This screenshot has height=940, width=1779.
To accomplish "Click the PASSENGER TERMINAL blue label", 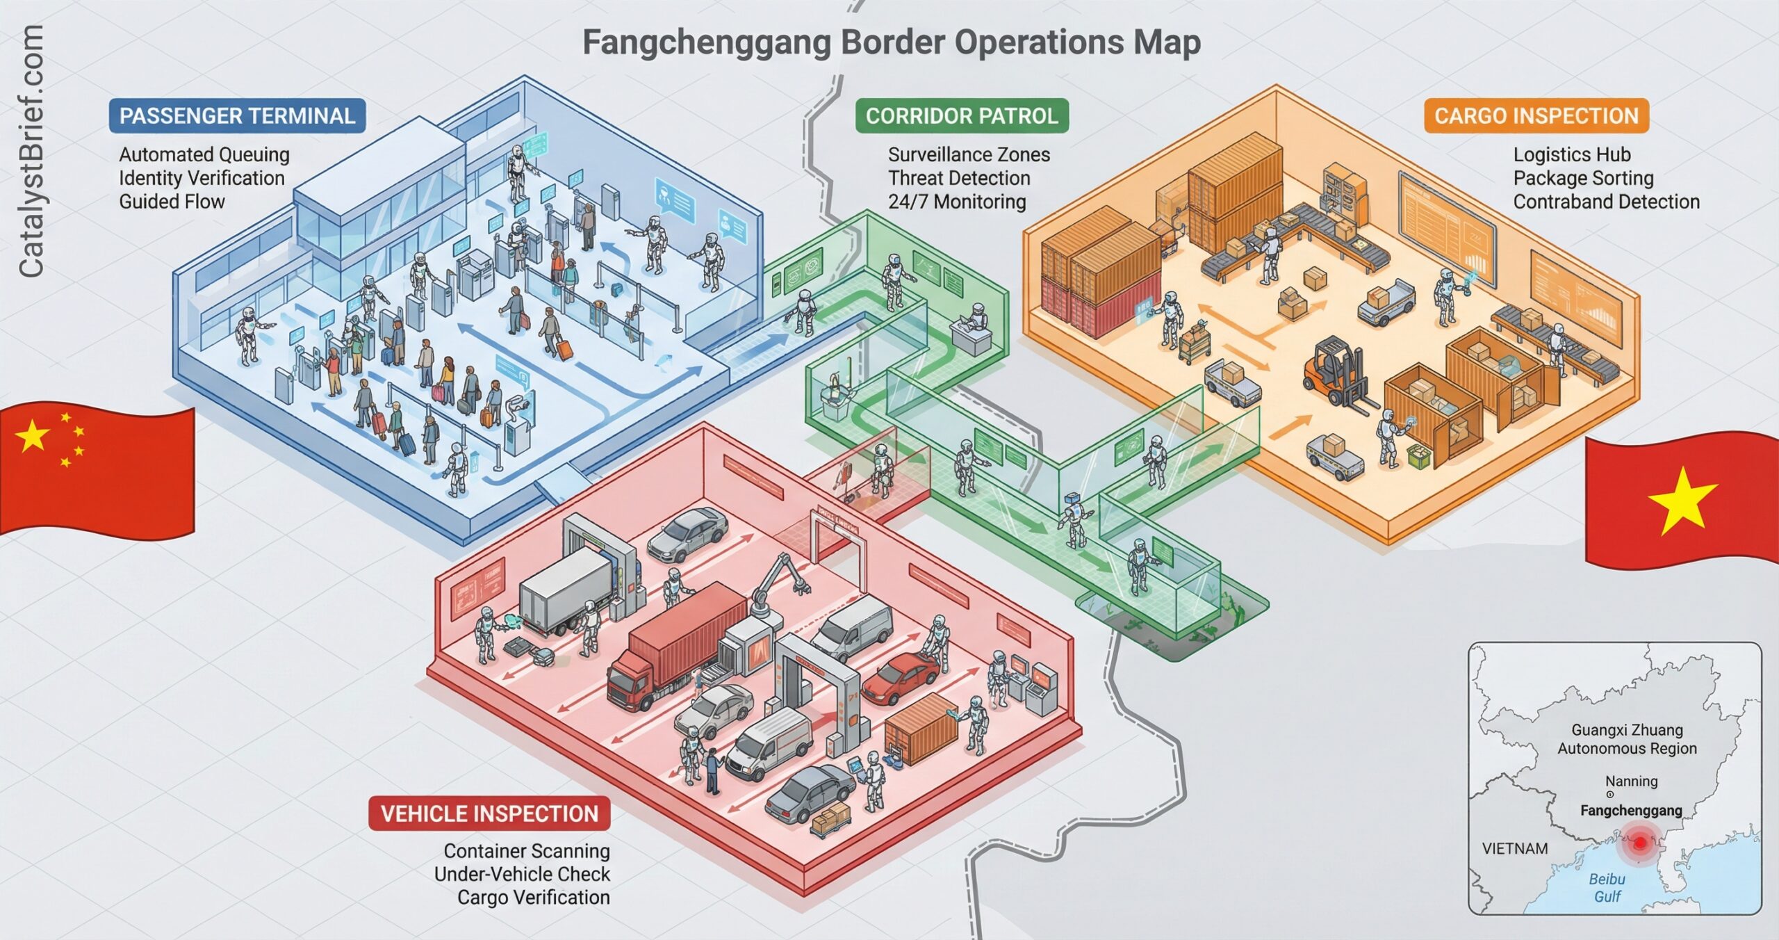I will tap(237, 115).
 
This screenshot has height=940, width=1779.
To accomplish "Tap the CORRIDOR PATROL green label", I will tap(962, 115).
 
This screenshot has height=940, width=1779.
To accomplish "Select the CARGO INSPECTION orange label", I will tap(1536, 115).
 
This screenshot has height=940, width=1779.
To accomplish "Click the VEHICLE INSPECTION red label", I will tap(489, 813).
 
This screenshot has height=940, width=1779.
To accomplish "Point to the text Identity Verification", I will tap(202, 178).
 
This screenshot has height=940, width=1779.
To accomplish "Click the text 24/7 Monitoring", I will tap(957, 202).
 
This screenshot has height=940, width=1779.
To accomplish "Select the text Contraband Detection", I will tap(1606, 202).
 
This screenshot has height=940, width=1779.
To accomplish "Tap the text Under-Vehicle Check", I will tap(522, 874).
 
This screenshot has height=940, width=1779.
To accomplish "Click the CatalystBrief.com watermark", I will tap(31, 152).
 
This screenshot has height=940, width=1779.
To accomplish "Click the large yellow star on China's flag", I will tap(33, 437).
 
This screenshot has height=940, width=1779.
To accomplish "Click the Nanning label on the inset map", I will tap(1631, 781).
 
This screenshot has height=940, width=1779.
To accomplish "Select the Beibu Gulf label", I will tap(1607, 888).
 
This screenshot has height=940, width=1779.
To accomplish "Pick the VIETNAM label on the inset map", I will tap(1515, 848).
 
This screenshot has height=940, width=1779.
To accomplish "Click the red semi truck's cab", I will tap(630, 685).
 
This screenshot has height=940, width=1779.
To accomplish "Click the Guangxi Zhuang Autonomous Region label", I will tap(1627, 739).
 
